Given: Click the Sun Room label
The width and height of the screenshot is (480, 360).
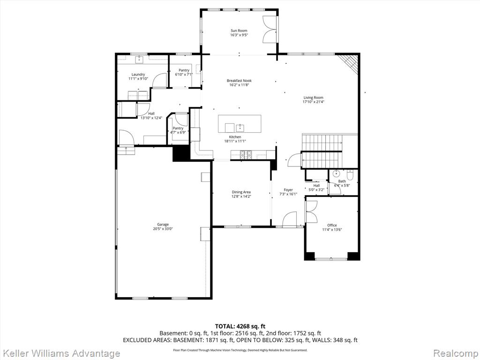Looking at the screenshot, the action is click(239, 30).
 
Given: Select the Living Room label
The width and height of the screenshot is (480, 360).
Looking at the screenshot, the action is click(313, 97).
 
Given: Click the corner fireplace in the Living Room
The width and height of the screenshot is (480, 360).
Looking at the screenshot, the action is click(349, 63).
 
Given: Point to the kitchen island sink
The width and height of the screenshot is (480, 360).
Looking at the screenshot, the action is click(240, 127).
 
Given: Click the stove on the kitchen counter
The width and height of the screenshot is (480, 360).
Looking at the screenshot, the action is click(246, 155).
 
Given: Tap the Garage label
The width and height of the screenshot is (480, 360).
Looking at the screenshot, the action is click(163, 225).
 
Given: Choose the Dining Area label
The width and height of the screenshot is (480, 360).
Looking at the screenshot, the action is click(241, 192).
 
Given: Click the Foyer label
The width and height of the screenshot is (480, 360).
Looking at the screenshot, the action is click(288, 190).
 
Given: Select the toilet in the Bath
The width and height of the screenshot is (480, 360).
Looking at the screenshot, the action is click(351, 174).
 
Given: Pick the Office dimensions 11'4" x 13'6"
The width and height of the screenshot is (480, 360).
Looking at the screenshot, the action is click(332, 230).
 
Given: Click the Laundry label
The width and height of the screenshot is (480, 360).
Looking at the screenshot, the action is click(138, 75).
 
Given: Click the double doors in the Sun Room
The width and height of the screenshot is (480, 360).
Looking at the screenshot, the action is click(270, 30).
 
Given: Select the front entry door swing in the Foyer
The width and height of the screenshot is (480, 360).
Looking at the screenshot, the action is click(289, 219).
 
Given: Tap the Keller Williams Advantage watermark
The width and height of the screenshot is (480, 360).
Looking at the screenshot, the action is click(60, 353).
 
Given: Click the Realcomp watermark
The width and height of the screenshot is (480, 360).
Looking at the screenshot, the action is click(456, 353).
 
